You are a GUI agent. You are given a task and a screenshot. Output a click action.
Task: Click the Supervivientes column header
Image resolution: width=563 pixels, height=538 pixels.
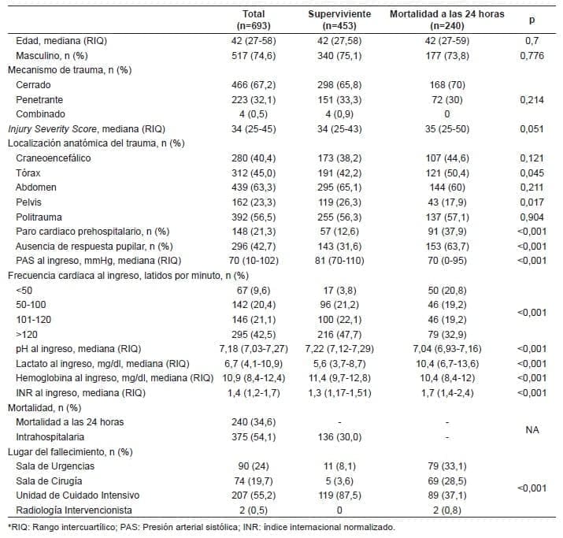point(340,19)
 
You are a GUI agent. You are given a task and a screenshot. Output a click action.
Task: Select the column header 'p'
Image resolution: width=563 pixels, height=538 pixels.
point(530,19)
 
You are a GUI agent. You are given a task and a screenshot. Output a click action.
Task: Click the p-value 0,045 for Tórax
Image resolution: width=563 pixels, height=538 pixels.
point(530,173)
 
